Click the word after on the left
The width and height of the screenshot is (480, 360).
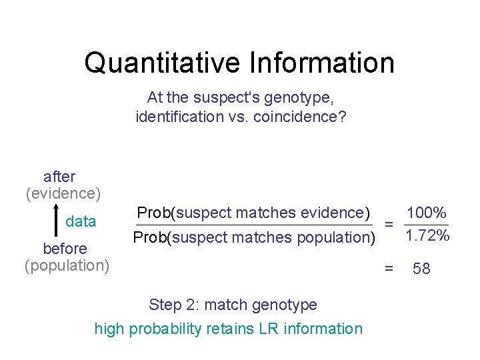tap(59, 177)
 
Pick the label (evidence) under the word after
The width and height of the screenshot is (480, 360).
tap(63, 193)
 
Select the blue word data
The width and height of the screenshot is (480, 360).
tap(81, 221)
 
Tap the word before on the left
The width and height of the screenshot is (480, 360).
tap(65, 249)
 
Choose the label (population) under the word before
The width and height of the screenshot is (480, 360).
tap(67, 265)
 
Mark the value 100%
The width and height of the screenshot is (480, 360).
tap(426, 213)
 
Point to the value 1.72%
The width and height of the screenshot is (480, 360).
tap(427, 236)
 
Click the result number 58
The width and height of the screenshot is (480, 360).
tap(421, 269)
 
